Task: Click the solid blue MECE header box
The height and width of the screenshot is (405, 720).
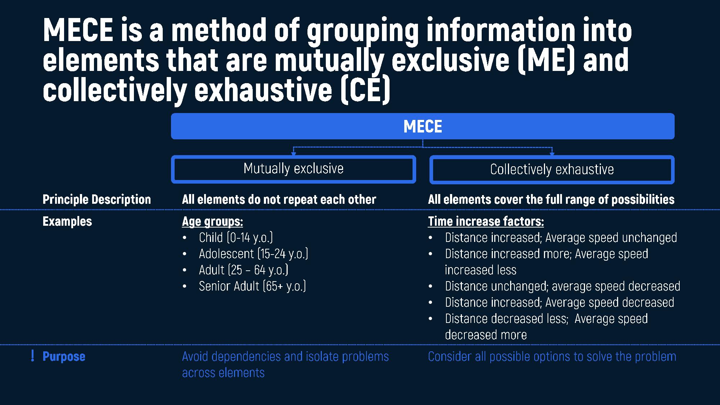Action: click(x=423, y=126)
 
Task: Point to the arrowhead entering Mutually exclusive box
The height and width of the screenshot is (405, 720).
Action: click(x=293, y=153)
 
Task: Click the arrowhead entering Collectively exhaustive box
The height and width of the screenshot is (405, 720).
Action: click(x=552, y=153)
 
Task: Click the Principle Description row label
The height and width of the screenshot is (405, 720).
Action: click(x=96, y=199)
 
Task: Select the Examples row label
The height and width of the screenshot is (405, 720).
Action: click(x=67, y=221)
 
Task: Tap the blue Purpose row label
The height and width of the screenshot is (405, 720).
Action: click(x=64, y=356)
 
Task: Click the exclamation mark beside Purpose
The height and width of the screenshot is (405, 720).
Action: click(x=33, y=356)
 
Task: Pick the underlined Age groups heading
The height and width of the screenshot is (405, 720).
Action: click(x=212, y=221)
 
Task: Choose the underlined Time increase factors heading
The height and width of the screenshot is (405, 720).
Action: click(x=486, y=221)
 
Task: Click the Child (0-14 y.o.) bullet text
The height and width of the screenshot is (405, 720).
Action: click(x=236, y=238)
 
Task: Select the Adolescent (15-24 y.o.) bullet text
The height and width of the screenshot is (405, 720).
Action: click(x=253, y=254)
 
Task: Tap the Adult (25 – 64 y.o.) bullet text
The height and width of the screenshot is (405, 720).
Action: click(x=243, y=270)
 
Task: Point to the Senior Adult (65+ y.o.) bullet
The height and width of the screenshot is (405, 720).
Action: click(x=252, y=286)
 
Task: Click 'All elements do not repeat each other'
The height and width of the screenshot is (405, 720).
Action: click(x=279, y=199)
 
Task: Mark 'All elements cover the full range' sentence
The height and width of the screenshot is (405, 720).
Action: click(x=551, y=199)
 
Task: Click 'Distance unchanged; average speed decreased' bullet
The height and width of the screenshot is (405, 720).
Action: click(x=563, y=286)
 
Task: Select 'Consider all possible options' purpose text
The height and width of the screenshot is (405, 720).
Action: click(x=552, y=356)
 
